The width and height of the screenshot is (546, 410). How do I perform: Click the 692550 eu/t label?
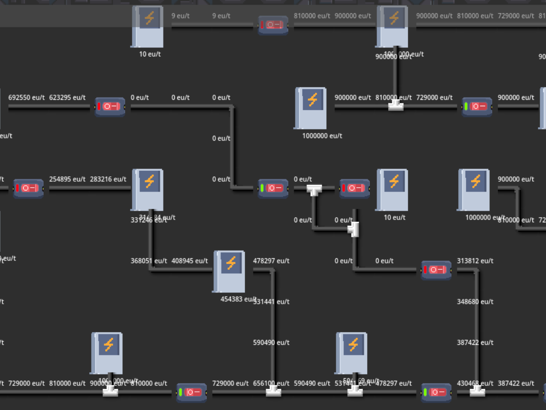(26, 97)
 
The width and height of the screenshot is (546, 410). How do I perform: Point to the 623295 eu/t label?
(67, 97)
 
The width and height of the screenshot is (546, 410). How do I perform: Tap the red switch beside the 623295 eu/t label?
(110, 107)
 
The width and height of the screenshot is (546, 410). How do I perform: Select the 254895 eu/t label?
(67, 179)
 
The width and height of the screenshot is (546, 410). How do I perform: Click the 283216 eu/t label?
(108, 179)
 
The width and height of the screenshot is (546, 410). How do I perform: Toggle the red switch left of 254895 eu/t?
(28, 188)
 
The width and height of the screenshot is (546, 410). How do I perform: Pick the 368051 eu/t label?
(149, 261)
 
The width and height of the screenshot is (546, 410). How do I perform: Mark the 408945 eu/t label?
(190, 261)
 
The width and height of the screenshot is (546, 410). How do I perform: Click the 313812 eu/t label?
(475, 261)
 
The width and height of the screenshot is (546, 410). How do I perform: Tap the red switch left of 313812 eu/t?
(436, 270)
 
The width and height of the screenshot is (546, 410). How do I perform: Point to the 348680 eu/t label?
(475, 302)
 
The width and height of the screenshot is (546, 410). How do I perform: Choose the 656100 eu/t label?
(272, 383)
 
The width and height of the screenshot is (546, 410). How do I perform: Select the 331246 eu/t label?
(149, 220)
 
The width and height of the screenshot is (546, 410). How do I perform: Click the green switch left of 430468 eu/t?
(436, 392)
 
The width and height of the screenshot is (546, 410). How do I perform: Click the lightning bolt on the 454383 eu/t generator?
(231, 263)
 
